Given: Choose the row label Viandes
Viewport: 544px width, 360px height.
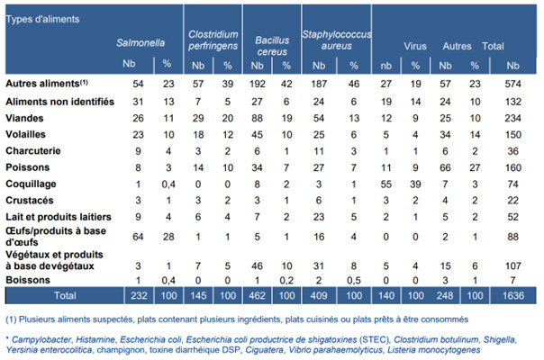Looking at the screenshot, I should click(x=24, y=116).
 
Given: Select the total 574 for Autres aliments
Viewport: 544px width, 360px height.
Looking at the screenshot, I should click(x=514, y=83).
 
